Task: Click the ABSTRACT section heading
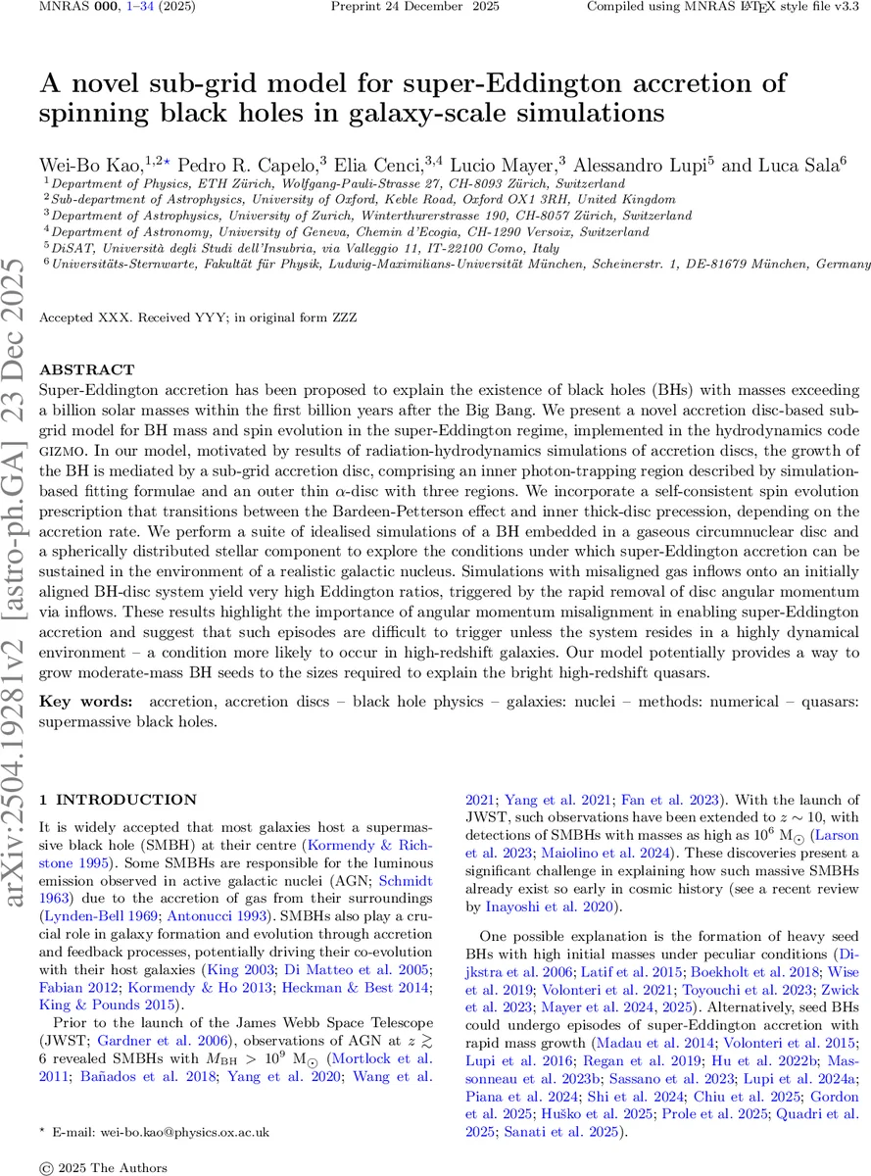click(86, 369)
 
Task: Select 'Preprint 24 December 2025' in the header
click(414, 7)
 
